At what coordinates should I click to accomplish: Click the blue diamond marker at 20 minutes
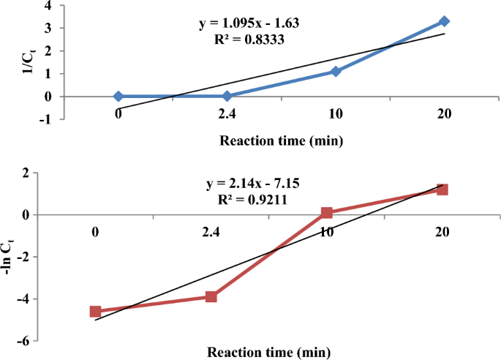click(444, 22)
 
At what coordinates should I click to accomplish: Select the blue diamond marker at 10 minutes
click(336, 72)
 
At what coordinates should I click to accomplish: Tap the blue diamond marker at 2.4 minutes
click(227, 96)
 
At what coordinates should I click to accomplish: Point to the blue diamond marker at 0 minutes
click(118, 96)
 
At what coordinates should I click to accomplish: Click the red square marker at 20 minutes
click(442, 190)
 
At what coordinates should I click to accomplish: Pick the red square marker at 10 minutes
click(326, 213)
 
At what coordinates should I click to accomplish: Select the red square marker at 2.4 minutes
click(211, 296)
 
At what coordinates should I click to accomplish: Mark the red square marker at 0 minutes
click(96, 311)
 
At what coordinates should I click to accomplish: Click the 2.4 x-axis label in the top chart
click(227, 113)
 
